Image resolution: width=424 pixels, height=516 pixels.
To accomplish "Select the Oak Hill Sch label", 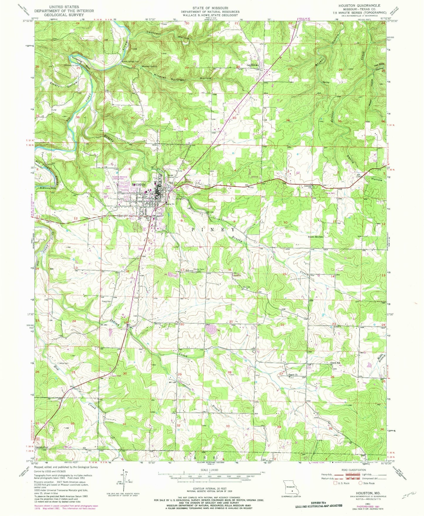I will tap(252, 65).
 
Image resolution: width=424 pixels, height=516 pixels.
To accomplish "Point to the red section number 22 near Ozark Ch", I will tap(282, 325).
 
